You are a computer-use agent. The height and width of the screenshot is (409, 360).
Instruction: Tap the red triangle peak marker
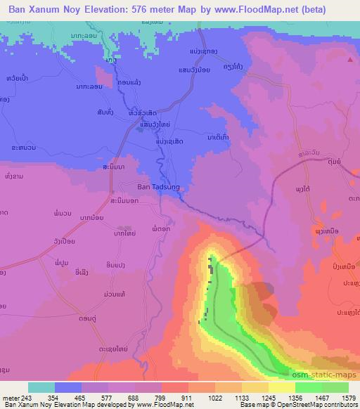click(351, 60)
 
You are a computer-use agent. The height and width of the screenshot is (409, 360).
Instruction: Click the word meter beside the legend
click(11, 398)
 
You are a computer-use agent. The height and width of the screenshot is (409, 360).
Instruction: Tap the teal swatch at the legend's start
click(41, 387)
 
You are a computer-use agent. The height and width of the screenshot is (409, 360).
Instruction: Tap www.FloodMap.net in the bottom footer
click(150, 405)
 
